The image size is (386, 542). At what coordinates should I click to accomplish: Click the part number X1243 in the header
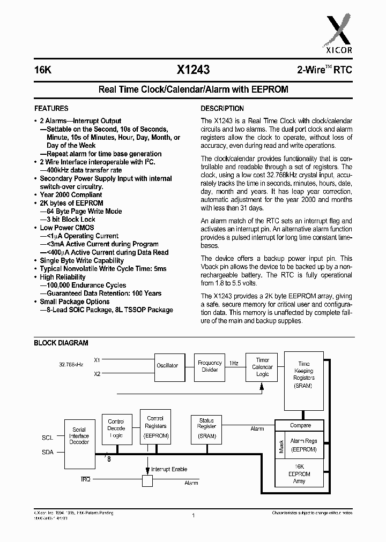pos(193,70)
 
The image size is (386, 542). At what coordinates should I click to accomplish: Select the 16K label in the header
pos(42,70)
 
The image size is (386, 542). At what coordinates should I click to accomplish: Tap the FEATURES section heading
pos(51,108)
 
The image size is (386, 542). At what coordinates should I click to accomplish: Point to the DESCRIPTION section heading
pos(222,108)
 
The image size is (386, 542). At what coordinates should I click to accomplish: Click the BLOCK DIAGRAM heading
pos(61,343)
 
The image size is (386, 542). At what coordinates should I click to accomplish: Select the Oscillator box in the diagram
pos(168,366)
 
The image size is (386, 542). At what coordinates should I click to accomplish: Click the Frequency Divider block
pos(210,366)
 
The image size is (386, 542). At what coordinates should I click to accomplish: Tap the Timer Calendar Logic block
pos(262,367)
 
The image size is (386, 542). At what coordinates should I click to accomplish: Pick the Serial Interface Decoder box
pos(79,436)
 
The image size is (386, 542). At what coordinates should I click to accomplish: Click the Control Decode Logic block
pos(116,428)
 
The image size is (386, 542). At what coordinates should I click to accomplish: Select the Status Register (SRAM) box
pos(206,427)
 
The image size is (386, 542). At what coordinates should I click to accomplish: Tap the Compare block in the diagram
pos(300,425)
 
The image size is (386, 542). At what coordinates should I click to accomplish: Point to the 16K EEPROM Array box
pos(299,475)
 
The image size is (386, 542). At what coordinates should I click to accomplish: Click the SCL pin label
pos(47,438)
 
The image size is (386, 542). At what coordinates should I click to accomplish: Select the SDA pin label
pos(47,452)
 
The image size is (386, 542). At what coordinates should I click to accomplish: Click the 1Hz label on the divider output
pos(234,363)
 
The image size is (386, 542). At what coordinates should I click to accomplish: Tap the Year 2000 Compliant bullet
pos(71,195)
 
